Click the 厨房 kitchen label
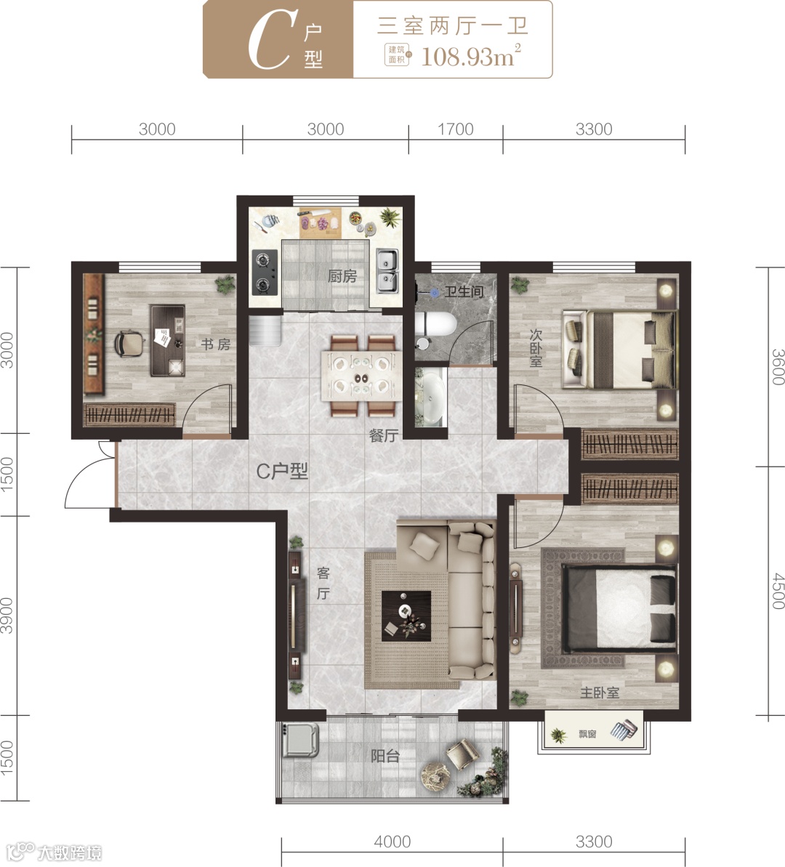tap(342, 276)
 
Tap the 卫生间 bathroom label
tap(464, 291)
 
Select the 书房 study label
tap(216, 344)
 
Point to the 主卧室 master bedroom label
tap(599, 693)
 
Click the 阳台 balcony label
tap(385, 756)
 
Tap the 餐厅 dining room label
tap(383, 436)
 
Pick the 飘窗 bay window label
tap(587, 734)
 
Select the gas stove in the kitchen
tap(265, 272)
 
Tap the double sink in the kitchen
tap(387, 271)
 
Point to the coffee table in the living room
tap(406, 616)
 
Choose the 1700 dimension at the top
tap(455, 129)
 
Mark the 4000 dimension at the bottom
tap(392, 842)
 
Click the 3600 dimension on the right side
tap(777, 366)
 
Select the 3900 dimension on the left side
tap(7, 615)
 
